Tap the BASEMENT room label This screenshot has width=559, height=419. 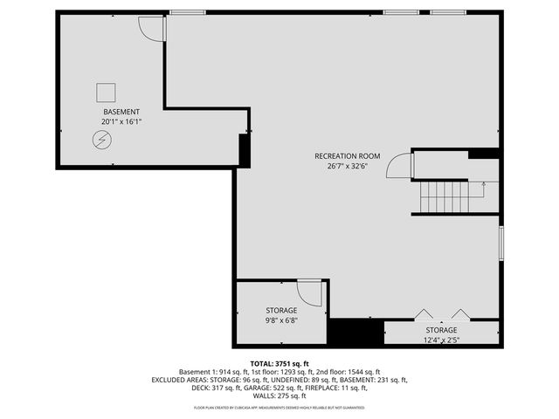coord(121,112)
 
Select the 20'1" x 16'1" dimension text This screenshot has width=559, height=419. coord(121,121)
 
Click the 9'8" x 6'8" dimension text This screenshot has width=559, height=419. coord(281,320)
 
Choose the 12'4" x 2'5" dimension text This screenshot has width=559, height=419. coord(442,340)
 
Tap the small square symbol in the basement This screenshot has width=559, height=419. coord(106,92)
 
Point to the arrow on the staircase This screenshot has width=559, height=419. coord(483,184)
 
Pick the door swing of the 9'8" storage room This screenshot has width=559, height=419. coord(309,292)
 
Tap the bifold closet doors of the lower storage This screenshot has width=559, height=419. coord(442,314)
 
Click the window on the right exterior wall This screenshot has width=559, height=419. coord(501,242)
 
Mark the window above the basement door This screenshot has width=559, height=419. coord(182,12)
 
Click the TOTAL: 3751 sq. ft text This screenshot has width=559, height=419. coord(279,363)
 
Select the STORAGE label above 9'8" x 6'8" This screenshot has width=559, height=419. coord(281,310)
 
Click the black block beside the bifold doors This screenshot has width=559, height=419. coord(355,333)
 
